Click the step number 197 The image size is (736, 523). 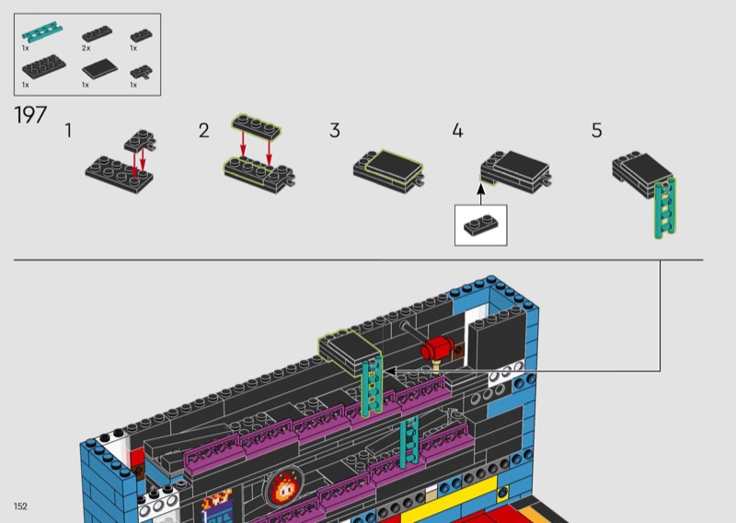coord(30,115)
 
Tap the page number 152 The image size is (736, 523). coord(20,506)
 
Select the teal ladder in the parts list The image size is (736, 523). coord(42,32)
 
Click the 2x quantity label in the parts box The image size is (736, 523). coord(86,48)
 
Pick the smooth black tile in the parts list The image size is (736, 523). coord(99,70)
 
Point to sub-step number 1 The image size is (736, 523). coord(68,131)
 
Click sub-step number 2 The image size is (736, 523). coord(203,131)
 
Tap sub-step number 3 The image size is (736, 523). coord(335,131)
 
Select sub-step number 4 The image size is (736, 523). coord(457,131)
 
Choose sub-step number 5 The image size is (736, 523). coord(596,131)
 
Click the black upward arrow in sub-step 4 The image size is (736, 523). coord(480,194)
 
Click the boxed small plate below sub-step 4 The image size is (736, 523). coord(480,225)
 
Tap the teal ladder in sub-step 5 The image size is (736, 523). coord(665,207)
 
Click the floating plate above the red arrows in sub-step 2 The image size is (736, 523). coord(257,125)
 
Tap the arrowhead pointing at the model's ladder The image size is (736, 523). coord(388,371)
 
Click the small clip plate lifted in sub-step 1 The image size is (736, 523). coord(141,141)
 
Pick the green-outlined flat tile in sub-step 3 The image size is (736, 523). coord(394,165)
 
